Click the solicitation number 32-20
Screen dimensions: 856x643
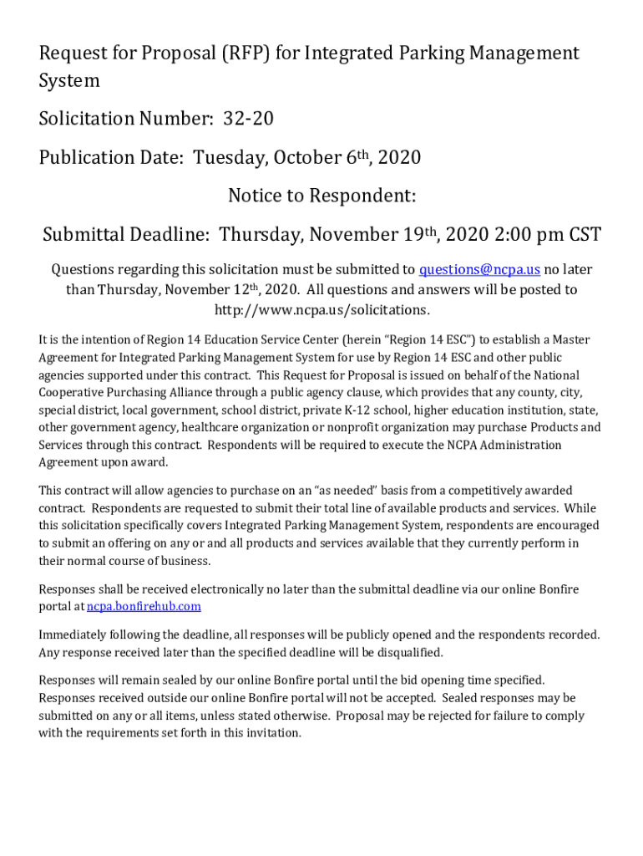[248, 120]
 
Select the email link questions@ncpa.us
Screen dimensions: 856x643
[479, 269]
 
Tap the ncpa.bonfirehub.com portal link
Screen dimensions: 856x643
[144, 606]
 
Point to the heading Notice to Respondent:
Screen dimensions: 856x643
[321, 196]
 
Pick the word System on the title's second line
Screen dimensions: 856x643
[69, 81]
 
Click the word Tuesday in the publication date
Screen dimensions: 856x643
[225, 158]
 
